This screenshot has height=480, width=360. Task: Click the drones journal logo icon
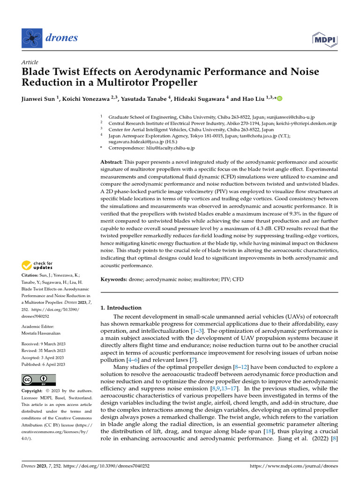pos(31,37)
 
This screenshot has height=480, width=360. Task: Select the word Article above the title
pos(30,62)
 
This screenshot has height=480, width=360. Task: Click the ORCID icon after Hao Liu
pos(280,99)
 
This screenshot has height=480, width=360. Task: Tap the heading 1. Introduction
pos(121,308)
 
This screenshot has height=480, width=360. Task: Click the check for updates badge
pos(37,266)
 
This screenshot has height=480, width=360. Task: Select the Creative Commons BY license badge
pos(39,380)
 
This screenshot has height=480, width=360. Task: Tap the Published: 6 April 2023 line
pos(43,364)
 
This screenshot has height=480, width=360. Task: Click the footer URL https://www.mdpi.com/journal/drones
pos(294,466)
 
